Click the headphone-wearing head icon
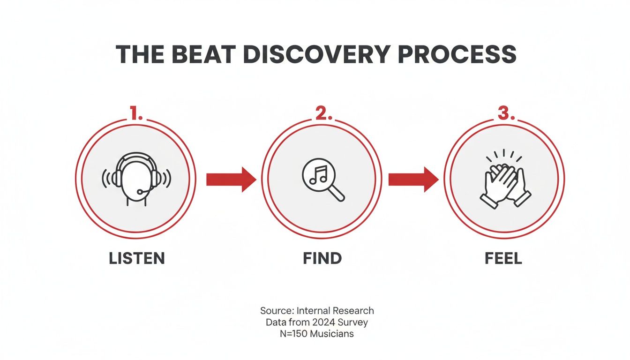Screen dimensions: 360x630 [136, 179]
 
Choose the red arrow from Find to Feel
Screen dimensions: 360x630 [413, 179]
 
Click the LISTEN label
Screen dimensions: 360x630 [136, 258]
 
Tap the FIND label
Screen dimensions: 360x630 [322, 258]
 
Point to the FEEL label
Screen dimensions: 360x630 [503, 258]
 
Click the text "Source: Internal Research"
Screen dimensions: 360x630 [317, 310]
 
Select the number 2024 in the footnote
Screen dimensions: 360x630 [327, 322]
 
